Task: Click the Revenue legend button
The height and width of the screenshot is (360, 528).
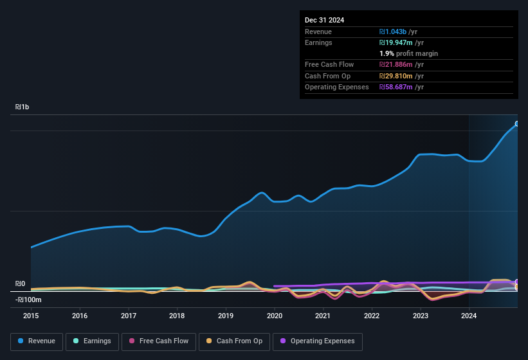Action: (x=37, y=341)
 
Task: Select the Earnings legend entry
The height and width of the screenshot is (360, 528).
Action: (x=93, y=341)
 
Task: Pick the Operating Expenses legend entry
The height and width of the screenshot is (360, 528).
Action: (x=318, y=341)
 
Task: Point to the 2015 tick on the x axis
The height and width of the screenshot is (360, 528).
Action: (x=31, y=316)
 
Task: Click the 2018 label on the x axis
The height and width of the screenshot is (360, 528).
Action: (x=177, y=316)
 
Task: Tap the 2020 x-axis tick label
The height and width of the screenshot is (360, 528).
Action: (x=274, y=316)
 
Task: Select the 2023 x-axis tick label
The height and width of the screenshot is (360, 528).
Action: (x=420, y=316)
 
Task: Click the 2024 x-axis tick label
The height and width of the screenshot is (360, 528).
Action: (x=469, y=316)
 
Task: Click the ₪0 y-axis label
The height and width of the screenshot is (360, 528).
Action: (x=20, y=283)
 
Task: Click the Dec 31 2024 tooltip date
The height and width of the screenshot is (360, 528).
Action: (x=324, y=20)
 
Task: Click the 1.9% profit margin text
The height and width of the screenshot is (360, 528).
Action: (x=408, y=53)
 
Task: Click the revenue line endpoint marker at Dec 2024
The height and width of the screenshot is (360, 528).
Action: (x=517, y=124)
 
